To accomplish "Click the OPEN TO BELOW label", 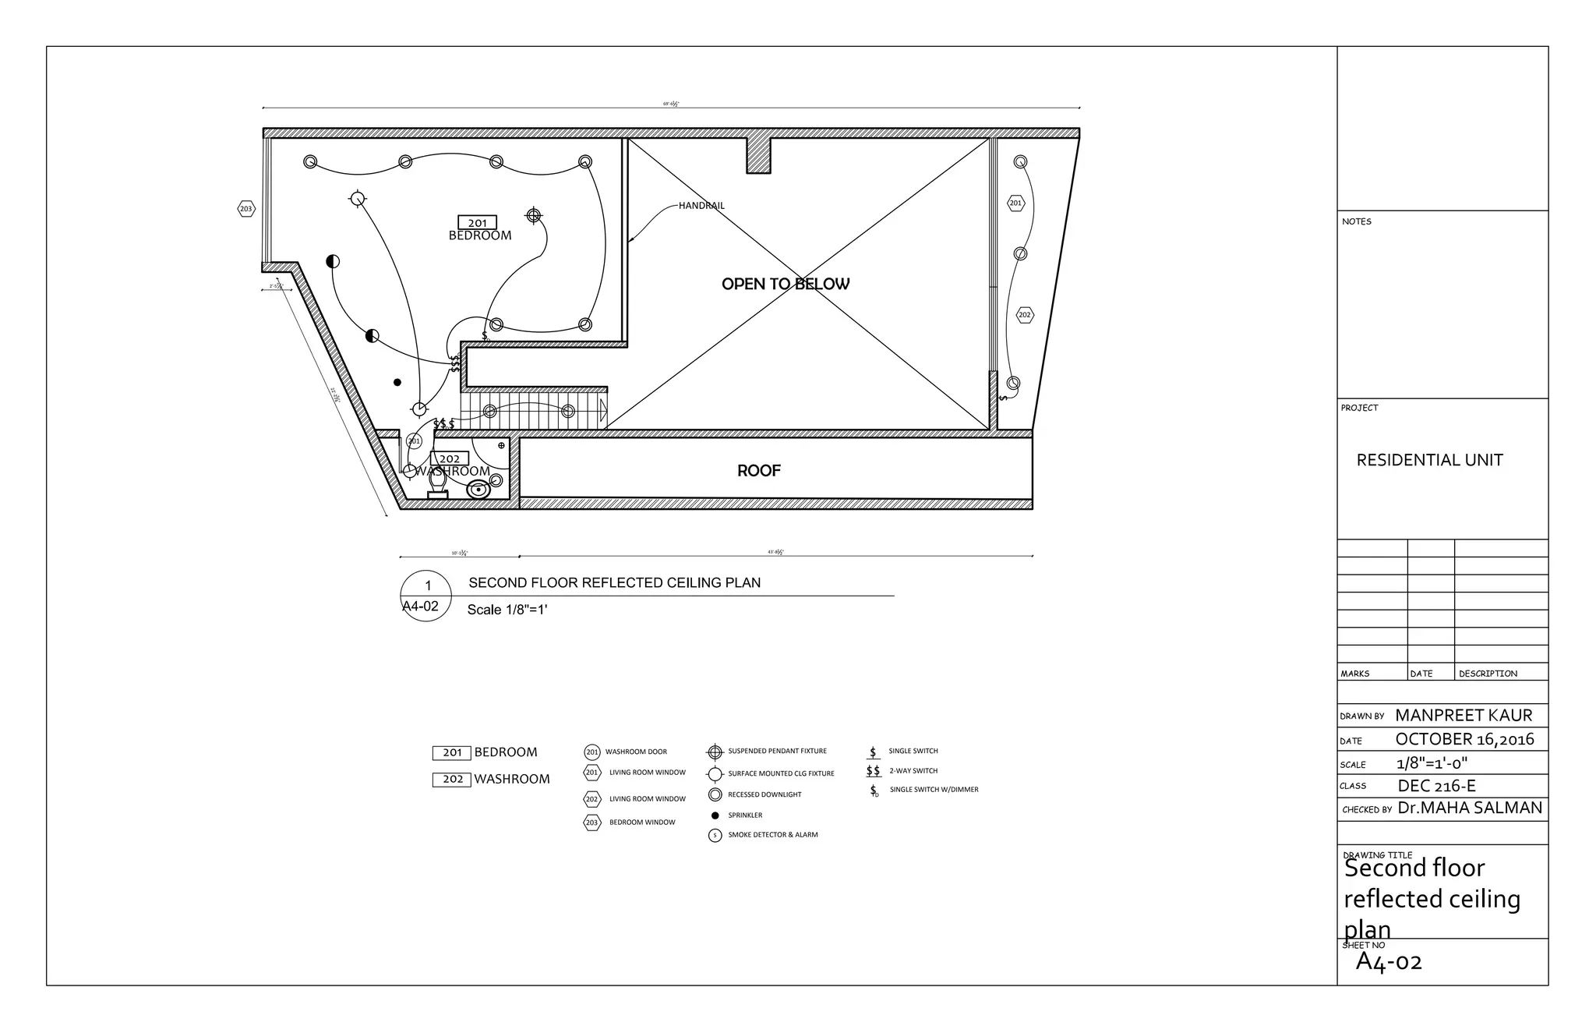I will (785, 285).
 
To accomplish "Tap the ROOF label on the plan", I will (758, 471).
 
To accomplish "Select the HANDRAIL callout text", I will (701, 206).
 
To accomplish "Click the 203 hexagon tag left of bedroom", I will (246, 209).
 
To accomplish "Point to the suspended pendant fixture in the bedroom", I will (534, 215).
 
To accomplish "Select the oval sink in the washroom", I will (478, 490).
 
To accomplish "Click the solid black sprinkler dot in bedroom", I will (397, 382).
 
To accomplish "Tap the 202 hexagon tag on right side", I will (1025, 315).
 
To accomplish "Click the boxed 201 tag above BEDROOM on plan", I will (477, 223).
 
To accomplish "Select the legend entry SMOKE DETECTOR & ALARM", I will (772, 835).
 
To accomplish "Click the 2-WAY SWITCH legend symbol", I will (874, 771).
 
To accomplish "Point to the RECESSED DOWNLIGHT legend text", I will (764, 795).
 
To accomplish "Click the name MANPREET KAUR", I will (1463, 716).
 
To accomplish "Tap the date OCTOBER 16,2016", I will (1464, 739).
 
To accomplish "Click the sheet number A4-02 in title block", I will (1389, 962).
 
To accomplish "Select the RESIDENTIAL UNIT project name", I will (1429, 461).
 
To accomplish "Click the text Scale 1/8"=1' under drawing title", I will (507, 610).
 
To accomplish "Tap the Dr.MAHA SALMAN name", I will (1470, 808).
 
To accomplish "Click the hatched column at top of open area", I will (758, 155).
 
